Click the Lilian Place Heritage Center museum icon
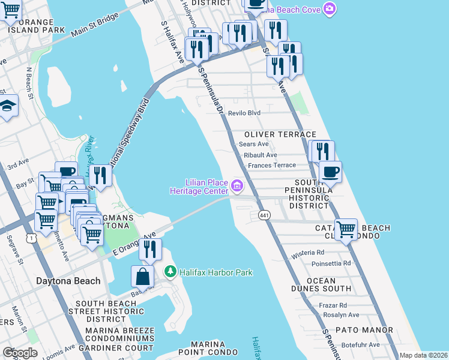point(237,185)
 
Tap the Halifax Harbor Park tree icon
point(170,272)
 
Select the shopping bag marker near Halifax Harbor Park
point(143,277)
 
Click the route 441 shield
point(264,215)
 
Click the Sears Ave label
point(253,144)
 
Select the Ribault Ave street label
point(261,155)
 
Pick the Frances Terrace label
point(272,165)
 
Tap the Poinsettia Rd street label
point(331,263)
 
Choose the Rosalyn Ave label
point(344,315)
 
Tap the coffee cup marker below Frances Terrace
point(330,172)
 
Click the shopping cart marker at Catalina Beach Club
point(346,229)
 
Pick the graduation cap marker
point(7,106)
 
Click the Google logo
point(20,353)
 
